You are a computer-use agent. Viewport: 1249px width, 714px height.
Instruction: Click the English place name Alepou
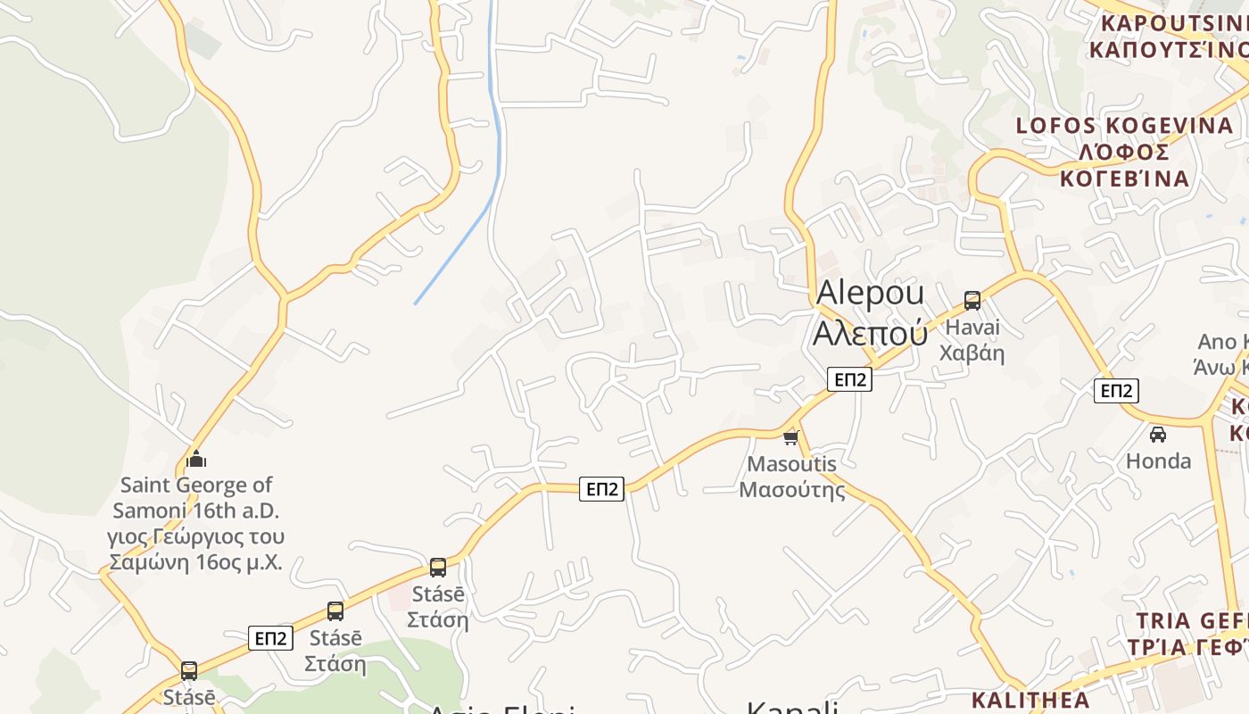tap(870, 294)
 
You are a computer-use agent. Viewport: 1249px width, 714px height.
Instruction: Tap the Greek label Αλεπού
tap(870, 333)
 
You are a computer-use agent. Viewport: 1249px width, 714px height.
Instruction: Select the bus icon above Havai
tap(972, 301)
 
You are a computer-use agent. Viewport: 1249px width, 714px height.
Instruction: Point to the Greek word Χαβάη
tap(972, 353)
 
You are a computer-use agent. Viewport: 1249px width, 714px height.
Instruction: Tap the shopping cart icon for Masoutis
tap(790, 437)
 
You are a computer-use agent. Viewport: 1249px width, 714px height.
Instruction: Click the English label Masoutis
tap(792, 464)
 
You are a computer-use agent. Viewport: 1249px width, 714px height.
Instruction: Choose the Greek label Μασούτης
tap(792, 489)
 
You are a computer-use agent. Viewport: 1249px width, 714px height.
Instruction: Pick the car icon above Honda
tap(1158, 435)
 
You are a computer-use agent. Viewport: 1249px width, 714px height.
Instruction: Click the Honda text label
tap(1158, 461)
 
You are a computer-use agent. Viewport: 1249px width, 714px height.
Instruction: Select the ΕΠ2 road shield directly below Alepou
tap(849, 379)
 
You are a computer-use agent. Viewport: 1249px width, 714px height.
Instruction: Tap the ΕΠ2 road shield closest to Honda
tap(1116, 390)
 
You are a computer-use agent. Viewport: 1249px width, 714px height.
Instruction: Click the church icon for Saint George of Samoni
tap(196, 460)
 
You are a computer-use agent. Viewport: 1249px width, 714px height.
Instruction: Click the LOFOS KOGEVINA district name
tap(1124, 126)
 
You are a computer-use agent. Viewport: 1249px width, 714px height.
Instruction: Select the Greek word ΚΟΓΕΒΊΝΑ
tap(1124, 178)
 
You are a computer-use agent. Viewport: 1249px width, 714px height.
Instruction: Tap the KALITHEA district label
tap(1030, 700)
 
